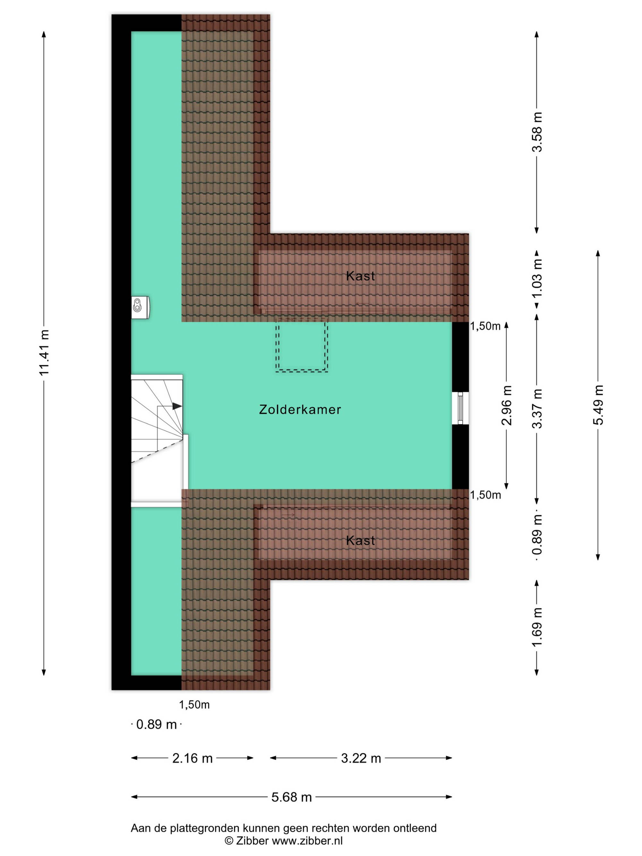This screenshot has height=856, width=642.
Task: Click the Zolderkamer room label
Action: pos(300,410)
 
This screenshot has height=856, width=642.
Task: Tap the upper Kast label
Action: pos(360,276)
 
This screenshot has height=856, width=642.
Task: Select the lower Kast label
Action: pos(360,540)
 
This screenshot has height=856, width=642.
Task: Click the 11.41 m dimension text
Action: pos(44,352)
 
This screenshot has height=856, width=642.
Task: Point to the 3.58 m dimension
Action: pos(537,132)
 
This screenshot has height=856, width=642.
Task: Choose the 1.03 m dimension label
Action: pos(537,277)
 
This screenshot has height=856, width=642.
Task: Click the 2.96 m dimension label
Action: pos(507,405)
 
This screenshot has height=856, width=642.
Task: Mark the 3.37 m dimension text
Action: pos(537,409)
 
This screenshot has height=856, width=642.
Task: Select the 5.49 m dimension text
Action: pos(598,405)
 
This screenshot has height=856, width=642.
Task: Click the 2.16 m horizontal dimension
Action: pos(192,758)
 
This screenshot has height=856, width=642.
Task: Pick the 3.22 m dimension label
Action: pos(361,758)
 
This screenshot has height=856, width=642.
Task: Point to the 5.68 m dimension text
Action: pos(291,797)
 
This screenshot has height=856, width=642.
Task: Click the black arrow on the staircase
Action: pos(177,406)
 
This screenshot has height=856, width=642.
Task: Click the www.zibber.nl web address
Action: pos(307,841)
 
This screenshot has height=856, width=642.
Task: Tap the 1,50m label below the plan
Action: pos(194,705)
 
